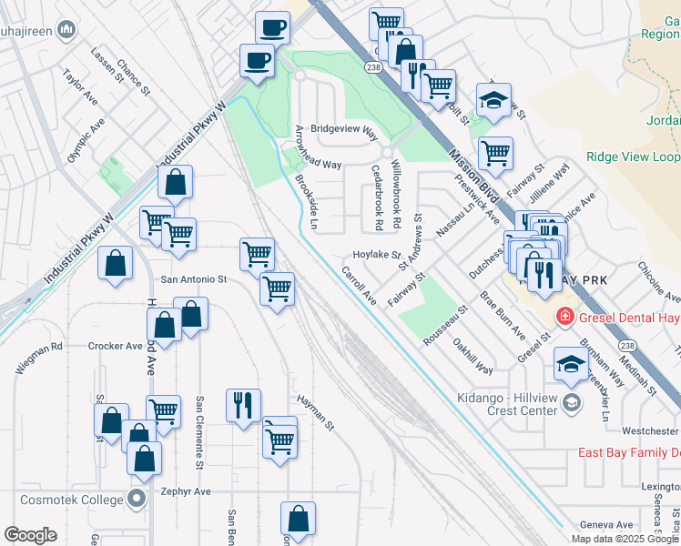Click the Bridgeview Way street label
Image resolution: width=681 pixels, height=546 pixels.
pyautogui.click(x=344, y=131)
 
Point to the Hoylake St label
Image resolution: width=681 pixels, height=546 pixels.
pyautogui.click(x=377, y=256)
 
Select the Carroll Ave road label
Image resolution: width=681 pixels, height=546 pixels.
pyautogui.click(x=359, y=285)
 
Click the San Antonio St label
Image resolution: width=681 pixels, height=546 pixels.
pyautogui.click(x=193, y=279)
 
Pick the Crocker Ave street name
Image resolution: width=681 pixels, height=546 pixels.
pyautogui.click(x=116, y=346)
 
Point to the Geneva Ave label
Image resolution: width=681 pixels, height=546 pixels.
pyautogui.click(x=607, y=525)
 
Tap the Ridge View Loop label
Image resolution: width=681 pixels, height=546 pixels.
pyautogui.click(x=632, y=157)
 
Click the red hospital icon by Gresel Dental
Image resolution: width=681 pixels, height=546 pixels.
pyautogui.click(x=564, y=316)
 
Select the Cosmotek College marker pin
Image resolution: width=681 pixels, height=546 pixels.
pyautogui.click(x=137, y=500)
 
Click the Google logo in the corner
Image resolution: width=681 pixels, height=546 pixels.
pyautogui.click(x=31, y=535)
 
